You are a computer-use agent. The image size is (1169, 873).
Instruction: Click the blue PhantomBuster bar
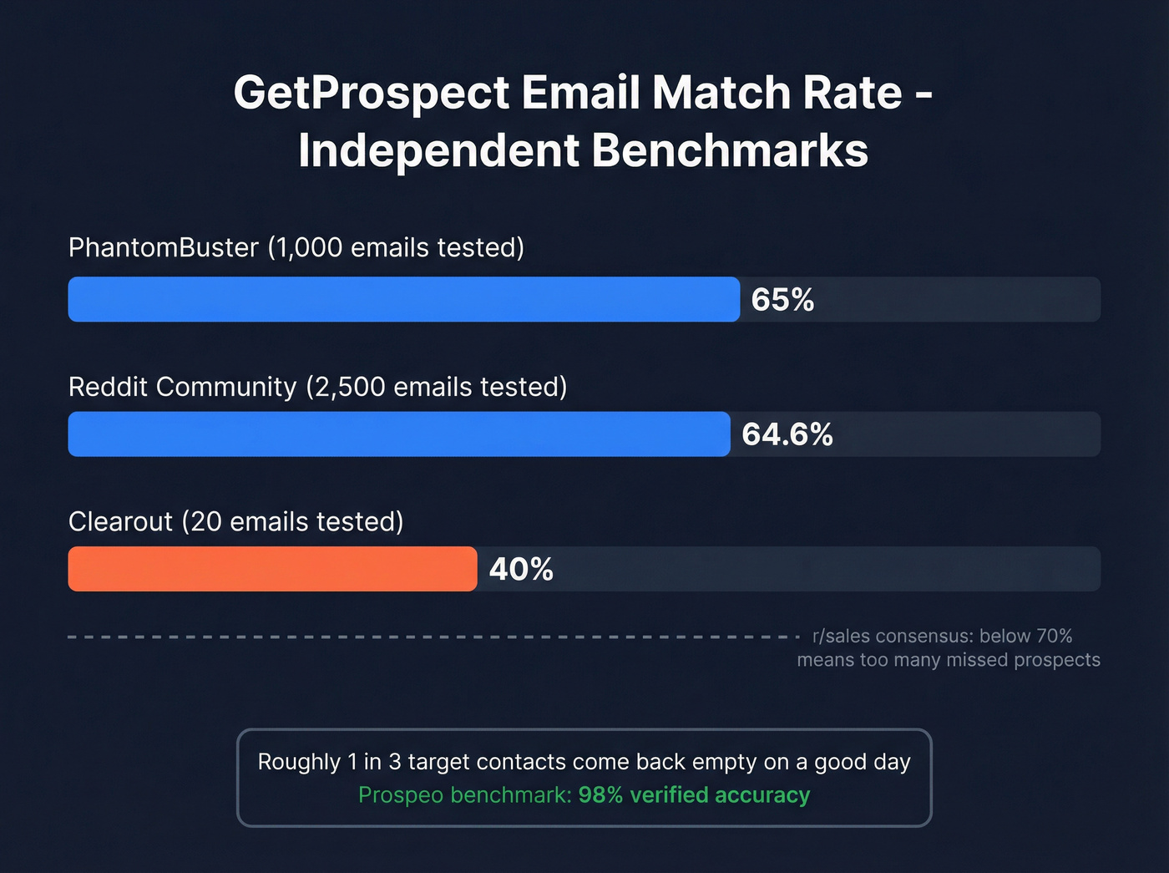click(x=403, y=299)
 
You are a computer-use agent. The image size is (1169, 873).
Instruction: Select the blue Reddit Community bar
click(x=398, y=434)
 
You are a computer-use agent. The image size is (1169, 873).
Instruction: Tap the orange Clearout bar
click(x=272, y=569)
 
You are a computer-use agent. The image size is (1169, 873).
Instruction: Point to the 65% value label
click(x=782, y=300)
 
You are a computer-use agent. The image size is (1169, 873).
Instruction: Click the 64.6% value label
click(x=787, y=434)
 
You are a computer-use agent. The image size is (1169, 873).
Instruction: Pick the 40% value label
click(x=521, y=570)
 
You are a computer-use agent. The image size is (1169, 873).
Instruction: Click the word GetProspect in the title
click(x=372, y=93)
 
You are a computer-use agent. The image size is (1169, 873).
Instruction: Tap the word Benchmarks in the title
click(x=730, y=151)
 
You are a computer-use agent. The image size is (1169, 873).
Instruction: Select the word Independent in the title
click(x=438, y=151)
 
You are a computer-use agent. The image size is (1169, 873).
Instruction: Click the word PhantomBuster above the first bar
click(x=164, y=248)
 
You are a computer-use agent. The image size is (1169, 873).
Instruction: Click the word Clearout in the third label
click(x=120, y=521)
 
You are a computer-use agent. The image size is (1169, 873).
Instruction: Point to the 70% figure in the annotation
click(x=1054, y=637)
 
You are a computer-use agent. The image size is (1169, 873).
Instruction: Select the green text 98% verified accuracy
click(x=694, y=794)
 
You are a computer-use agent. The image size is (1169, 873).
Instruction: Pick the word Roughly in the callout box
click(x=299, y=762)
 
